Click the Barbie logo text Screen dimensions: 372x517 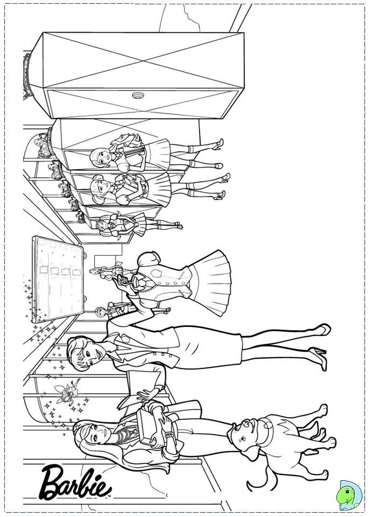75,484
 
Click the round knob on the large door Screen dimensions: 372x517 137,95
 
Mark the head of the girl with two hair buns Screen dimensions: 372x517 100,185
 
